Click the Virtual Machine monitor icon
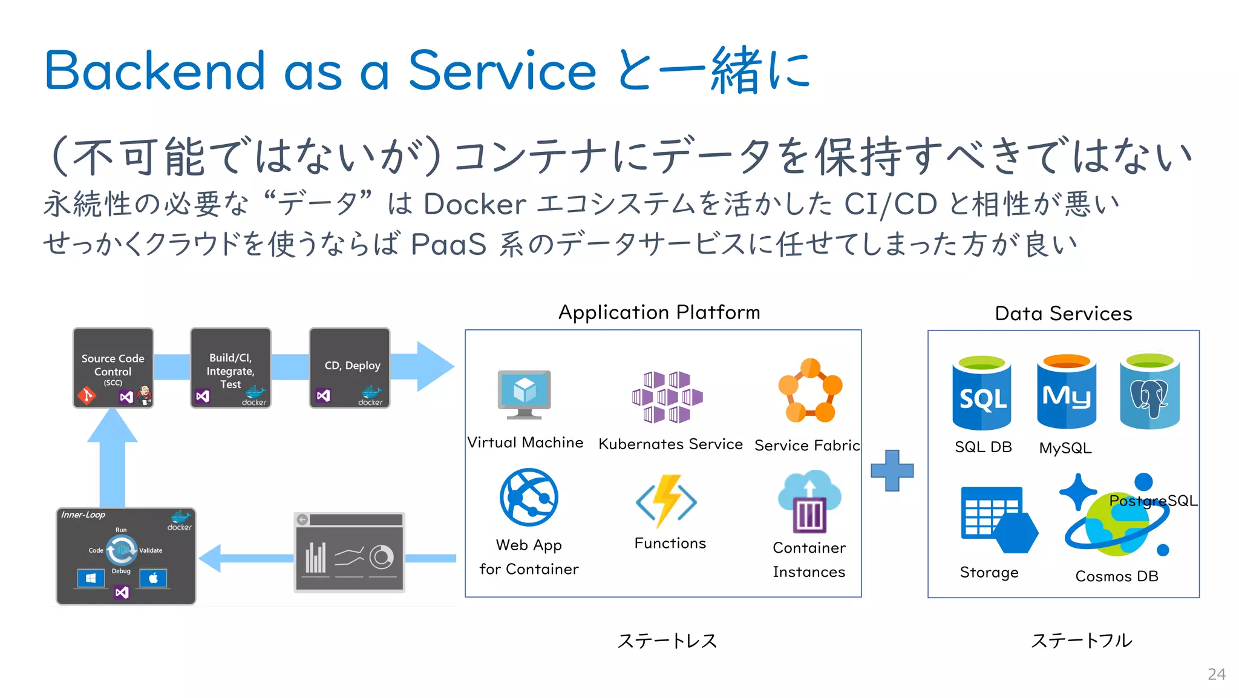coord(524,393)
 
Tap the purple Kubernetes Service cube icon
coord(667,397)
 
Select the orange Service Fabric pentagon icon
coord(810,391)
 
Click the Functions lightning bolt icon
coord(667,501)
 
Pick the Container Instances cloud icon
coord(809,501)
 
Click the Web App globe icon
coord(529,497)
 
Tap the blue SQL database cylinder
coord(982,393)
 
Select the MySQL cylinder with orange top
coord(1066,392)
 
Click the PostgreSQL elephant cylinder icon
coord(1149,392)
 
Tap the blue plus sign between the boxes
coord(892,470)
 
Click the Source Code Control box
coord(113,367)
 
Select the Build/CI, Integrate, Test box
coord(230,367)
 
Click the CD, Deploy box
coord(350,367)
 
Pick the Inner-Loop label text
coord(83,515)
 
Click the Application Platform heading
coord(659,312)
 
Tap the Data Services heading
coord(1063,314)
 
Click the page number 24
coord(1216,674)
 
